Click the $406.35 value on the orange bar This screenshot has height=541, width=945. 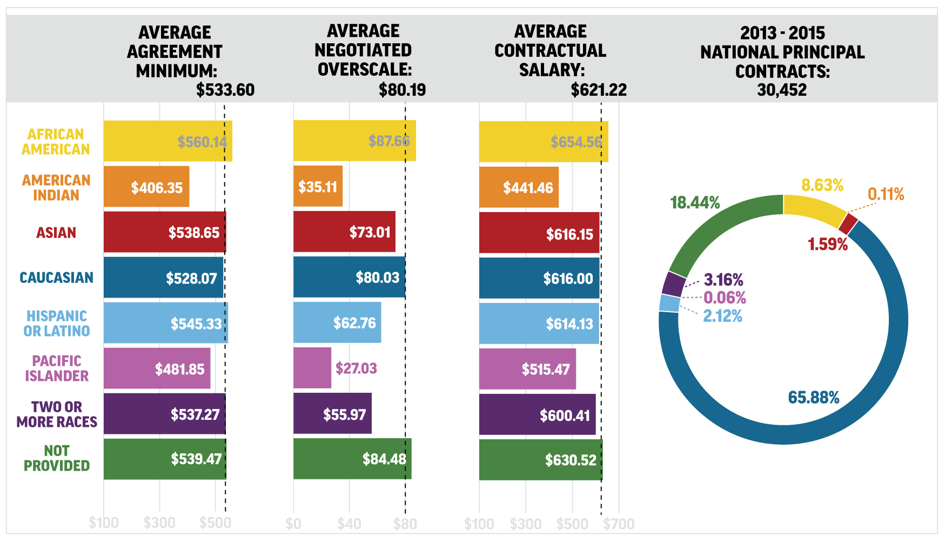157,188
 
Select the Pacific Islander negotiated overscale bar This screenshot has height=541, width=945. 312,368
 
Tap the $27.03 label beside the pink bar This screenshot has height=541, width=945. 356,368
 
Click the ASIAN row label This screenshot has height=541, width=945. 56,233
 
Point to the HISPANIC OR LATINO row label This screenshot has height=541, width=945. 56,324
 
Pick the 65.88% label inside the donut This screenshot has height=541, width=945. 813,398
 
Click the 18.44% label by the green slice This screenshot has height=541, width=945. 695,203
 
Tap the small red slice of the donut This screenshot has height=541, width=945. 848,223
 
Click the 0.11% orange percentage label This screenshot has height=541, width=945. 886,194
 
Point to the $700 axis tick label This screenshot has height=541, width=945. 619,524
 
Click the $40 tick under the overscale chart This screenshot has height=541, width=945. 349,524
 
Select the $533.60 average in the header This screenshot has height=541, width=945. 225,90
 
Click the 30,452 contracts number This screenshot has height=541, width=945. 782,90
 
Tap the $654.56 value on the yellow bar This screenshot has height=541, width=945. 576,142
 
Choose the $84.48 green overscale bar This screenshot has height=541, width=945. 351,459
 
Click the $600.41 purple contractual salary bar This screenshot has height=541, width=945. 537,415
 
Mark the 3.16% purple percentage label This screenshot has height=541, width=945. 723,280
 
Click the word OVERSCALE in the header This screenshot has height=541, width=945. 365,70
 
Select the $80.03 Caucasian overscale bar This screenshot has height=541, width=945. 348,278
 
